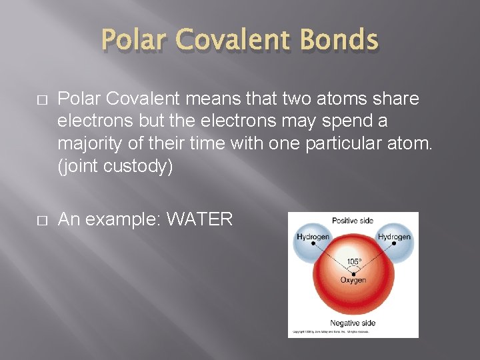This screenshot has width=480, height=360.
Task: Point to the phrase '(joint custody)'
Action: pos(115,166)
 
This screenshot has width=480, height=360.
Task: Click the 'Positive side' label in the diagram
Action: pos(353,221)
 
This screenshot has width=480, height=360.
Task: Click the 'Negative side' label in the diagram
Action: pos(353,323)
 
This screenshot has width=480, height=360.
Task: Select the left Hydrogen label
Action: pos(313,237)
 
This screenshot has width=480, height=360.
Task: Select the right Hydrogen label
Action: pos(394,237)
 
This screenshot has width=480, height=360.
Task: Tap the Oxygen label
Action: pos(353,281)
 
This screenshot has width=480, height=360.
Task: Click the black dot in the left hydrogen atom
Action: pos(313,244)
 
